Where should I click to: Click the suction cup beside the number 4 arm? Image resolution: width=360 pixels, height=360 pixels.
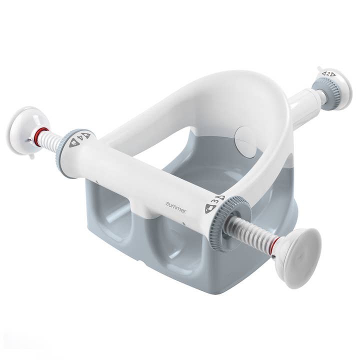pyautogui.click(x=27, y=131)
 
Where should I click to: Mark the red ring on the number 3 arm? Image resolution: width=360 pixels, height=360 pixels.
pyautogui.click(x=272, y=245)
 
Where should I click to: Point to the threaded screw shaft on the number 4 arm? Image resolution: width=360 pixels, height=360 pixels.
pyautogui.click(x=50, y=141)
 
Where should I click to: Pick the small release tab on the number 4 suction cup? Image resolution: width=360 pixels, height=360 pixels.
pyautogui.click(x=30, y=156)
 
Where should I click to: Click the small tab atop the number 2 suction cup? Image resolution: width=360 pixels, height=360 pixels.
pyautogui.click(x=319, y=68)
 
